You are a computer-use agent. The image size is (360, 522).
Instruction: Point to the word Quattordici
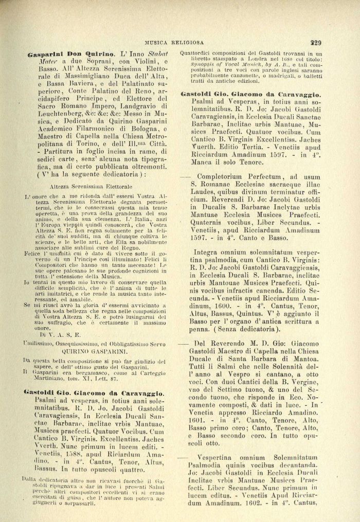pyautogui.click(x=200, y=53)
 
